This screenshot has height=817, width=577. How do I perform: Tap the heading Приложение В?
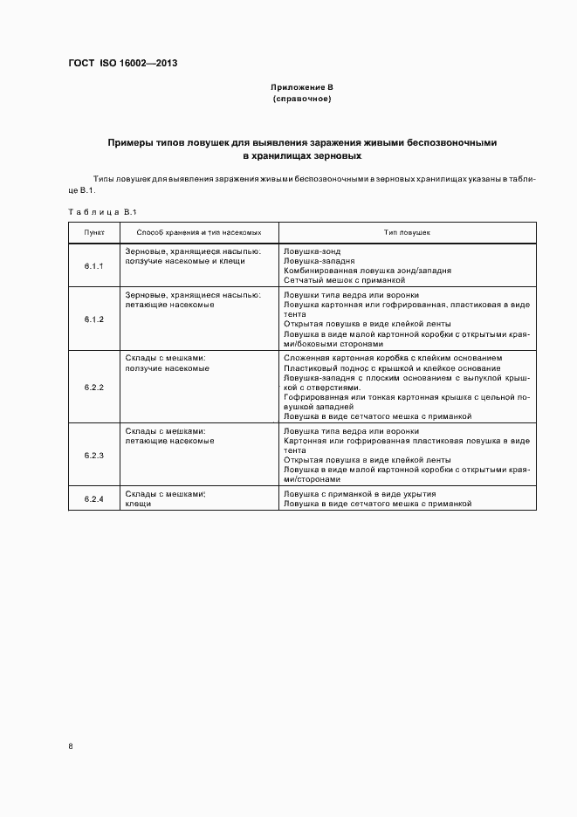point(301,88)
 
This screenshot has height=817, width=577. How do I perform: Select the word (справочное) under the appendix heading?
point(301,99)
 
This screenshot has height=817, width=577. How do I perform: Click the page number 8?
point(71,746)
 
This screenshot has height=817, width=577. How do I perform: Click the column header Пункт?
point(94,233)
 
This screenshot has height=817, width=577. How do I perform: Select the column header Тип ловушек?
point(407,233)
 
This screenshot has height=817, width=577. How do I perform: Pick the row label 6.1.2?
point(94,319)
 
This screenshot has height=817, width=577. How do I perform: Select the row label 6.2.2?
point(94,387)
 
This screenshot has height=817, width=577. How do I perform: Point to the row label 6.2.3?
point(94,455)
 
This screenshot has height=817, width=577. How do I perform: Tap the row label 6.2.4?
point(94,498)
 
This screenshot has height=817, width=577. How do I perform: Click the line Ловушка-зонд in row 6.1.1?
point(308,251)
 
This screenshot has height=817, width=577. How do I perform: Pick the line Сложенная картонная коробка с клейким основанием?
point(393,358)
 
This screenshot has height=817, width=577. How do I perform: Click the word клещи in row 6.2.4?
point(138,504)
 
